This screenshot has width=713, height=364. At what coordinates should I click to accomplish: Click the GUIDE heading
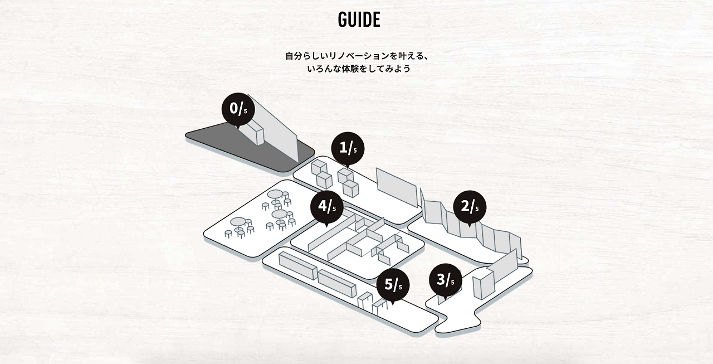[x=359, y=20]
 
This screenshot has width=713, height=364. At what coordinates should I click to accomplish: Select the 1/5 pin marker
[x=347, y=148]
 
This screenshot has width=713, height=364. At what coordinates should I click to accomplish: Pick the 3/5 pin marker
[x=445, y=280]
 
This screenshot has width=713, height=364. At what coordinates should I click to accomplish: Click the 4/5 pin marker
[x=326, y=207]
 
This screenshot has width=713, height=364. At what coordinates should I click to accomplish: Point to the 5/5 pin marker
[x=393, y=285]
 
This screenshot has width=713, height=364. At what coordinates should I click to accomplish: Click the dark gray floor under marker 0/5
[x=223, y=142]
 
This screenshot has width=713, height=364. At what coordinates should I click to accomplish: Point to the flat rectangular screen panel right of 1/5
[x=396, y=186]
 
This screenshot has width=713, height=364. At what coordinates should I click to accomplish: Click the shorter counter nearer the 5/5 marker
[x=336, y=283]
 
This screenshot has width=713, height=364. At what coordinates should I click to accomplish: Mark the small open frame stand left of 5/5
[x=365, y=300]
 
